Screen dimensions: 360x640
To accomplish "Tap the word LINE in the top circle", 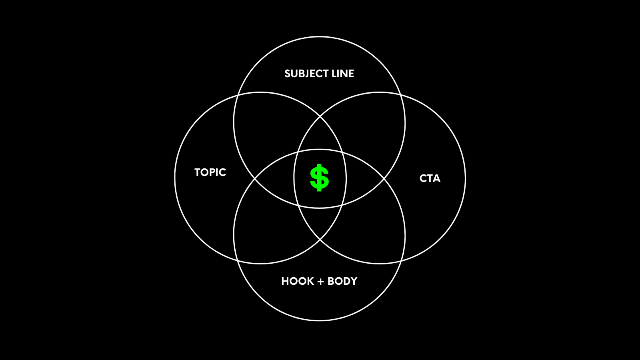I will click(x=343, y=74).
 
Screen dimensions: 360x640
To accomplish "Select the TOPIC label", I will click(x=210, y=172).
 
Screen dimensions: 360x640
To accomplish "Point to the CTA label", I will click(x=430, y=178).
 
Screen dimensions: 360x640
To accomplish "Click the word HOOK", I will click(x=298, y=281).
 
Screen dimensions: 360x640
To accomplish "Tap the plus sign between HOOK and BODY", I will click(x=320, y=282).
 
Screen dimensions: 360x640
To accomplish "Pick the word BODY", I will click(x=342, y=281).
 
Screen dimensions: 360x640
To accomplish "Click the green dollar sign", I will click(x=319, y=178).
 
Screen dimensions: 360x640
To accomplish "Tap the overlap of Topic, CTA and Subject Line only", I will click(x=320, y=136).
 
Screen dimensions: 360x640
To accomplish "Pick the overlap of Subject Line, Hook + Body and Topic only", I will click(x=276, y=178).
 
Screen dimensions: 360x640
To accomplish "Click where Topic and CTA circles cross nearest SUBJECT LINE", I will click(x=320, y=116).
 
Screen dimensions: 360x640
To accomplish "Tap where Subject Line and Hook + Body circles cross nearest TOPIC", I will click(x=255, y=178).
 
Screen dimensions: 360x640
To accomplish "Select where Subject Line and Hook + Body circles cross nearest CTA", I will click(x=384, y=178).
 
